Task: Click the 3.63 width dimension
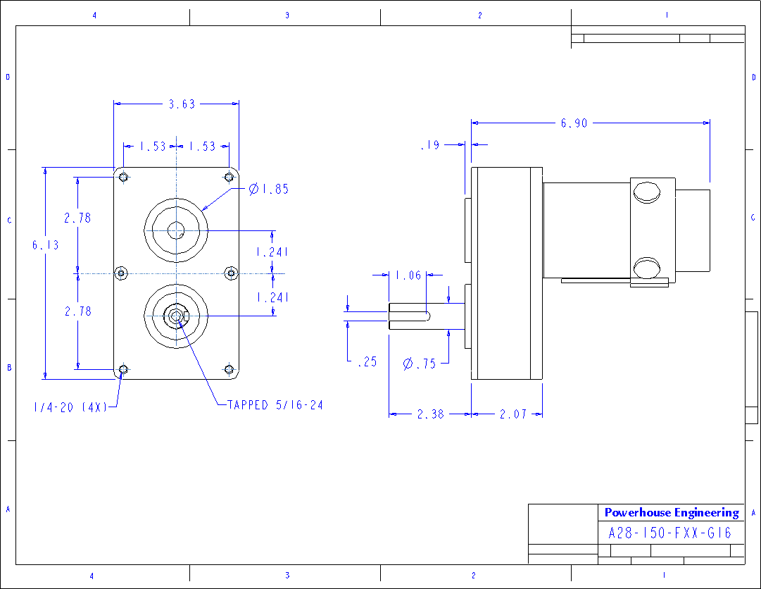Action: [182, 104]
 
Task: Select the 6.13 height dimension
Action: [46, 245]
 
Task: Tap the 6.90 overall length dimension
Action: [574, 123]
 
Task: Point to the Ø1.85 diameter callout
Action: [268, 189]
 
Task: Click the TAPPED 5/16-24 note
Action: [275, 405]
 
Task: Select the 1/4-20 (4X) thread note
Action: [70, 407]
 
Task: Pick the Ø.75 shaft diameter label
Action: [420, 364]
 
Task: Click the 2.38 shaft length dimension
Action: [431, 414]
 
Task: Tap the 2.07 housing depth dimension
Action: [513, 414]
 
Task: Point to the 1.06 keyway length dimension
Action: [408, 275]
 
